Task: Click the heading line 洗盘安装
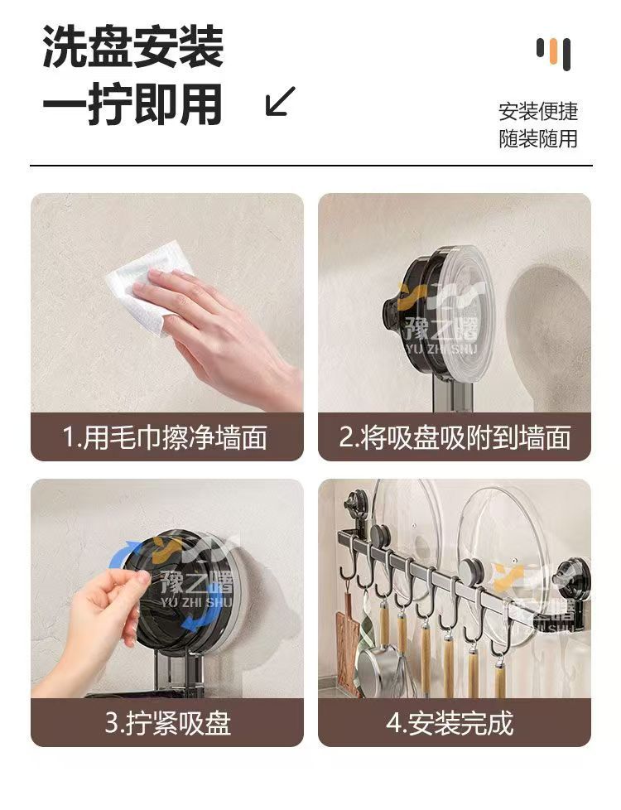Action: pos(132,47)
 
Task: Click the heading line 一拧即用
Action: pos(132,105)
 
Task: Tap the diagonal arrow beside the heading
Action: pos(281,101)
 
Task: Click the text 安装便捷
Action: pos(538,112)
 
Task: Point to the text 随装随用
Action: pos(538,138)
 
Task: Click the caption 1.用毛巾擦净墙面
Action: pos(165,437)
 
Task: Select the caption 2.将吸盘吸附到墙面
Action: pos(455,437)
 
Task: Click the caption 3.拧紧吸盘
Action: pos(167,723)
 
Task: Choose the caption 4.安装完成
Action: pos(450,723)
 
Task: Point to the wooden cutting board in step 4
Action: pos(347,646)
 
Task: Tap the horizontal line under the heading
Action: pos(311,166)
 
